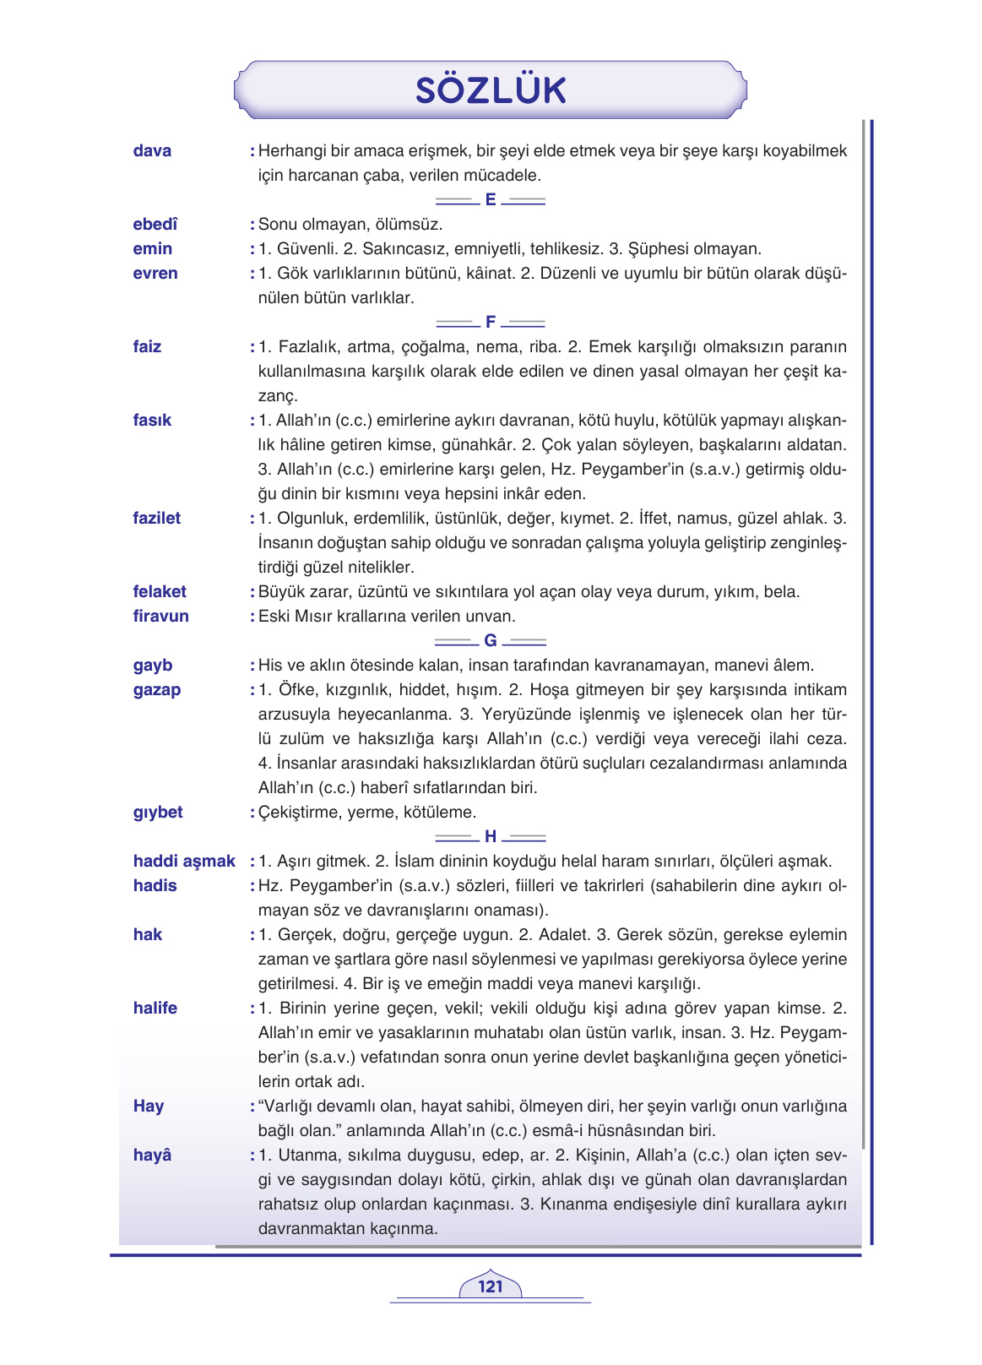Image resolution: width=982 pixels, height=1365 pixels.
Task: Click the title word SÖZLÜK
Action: [x=491, y=90]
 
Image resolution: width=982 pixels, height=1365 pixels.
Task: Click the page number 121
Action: [x=490, y=1286]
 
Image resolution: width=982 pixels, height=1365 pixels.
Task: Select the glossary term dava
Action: [x=152, y=151]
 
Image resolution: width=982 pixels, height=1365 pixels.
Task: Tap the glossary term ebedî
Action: [x=155, y=225]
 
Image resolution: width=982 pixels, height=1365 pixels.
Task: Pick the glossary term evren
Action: [x=155, y=274]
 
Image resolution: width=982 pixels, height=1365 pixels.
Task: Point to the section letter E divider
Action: [x=491, y=200]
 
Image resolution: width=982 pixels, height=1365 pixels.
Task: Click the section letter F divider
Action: [x=491, y=323]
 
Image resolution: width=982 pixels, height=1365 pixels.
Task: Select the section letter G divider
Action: [x=491, y=641]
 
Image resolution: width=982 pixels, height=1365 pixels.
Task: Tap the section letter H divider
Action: [x=491, y=837]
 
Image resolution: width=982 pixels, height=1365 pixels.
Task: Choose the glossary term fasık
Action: [x=152, y=421]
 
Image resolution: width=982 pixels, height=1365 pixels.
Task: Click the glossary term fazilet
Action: [x=157, y=519]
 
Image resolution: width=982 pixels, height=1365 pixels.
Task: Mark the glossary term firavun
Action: [x=160, y=617]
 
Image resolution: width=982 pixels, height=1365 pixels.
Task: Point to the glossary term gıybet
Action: [x=158, y=813]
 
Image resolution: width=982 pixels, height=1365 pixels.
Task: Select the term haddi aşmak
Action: [x=184, y=862]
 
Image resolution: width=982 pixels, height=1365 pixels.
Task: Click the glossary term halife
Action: [x=155, y=1009]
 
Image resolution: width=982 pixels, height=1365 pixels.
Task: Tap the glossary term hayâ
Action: [x=152, y=1156]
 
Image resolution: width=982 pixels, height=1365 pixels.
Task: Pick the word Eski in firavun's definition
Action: [x=274, y=617]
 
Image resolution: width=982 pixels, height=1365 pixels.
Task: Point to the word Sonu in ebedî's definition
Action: [x=277, y=225]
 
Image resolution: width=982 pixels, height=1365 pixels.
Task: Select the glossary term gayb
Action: [x=153, y=666]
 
